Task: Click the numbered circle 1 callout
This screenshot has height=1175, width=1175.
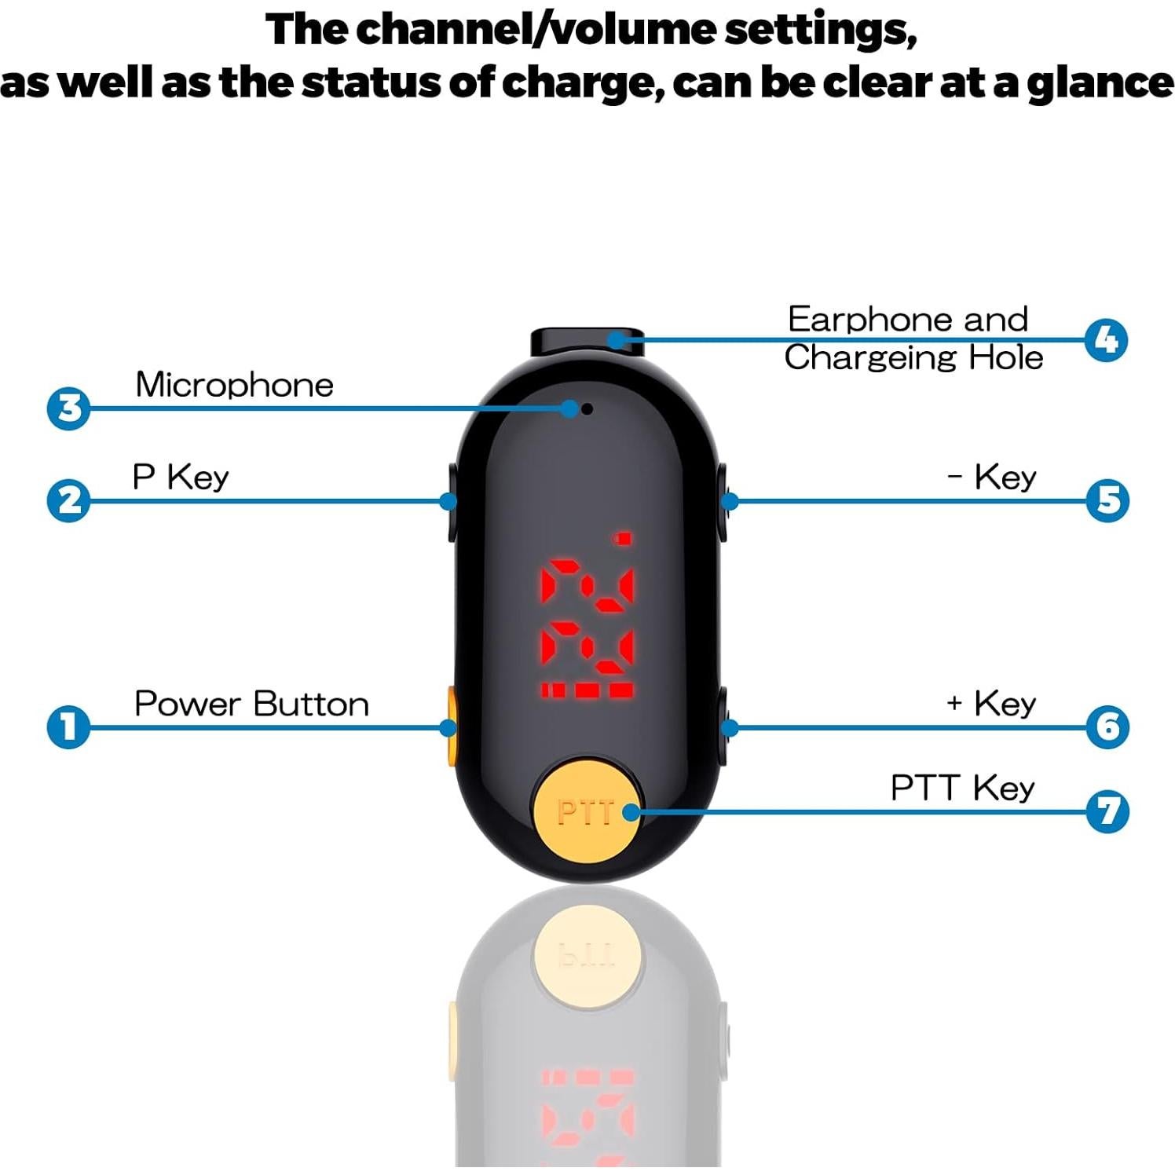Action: (x=69, y=727)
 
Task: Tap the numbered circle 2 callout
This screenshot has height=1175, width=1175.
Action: (x=69, y=500)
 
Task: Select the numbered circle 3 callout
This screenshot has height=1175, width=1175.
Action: (x=69, y=408)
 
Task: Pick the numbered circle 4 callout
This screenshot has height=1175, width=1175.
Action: (x=1106, y=340)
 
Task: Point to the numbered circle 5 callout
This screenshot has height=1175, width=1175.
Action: (x=1107, y=500)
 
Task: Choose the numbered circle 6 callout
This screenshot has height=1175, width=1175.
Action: (x=1107, y=727)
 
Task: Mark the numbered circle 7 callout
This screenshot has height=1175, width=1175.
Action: (x=1107, y=811)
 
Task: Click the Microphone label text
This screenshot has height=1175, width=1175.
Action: (x=234, y=385)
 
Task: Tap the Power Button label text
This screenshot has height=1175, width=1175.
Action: (x=251, y=704)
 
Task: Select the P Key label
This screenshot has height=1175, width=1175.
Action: (x=181, y=478)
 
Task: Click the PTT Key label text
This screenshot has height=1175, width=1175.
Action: (x=962, y=788)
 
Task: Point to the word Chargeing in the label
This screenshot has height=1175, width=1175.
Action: (x=870, y=358)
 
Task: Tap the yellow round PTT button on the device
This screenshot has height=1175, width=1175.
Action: (x=587, y=811)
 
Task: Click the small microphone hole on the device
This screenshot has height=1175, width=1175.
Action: (x=587, y=408)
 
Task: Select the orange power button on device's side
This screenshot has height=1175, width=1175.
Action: (x=451, y=726)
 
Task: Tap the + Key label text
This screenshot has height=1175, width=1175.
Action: (x=991, y=704)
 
